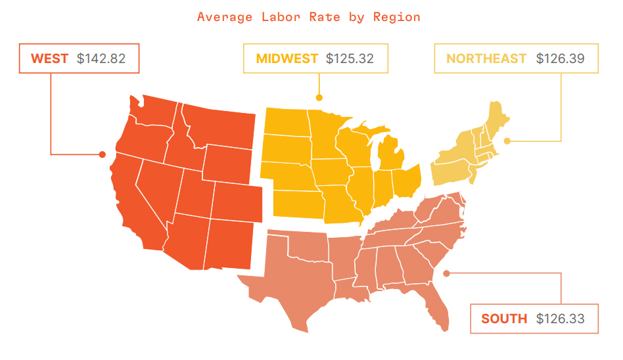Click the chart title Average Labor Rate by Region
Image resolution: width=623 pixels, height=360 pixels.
coord(308,17)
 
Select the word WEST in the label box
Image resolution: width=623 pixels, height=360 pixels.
coord(50,58)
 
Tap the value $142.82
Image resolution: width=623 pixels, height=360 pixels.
coord(101,58)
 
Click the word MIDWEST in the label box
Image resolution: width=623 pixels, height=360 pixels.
coord(287,58)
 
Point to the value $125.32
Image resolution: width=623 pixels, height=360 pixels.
coord(350,58)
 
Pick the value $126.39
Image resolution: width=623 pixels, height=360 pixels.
coord(560,58)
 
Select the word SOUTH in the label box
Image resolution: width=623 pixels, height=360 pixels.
coord(504,319)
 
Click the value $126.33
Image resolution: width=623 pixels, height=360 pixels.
coord(560,319)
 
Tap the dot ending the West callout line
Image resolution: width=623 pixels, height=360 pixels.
coord(103,154)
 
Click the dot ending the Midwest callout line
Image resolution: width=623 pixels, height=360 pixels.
coord(319,97)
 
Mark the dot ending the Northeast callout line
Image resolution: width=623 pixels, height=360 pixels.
coord(507,141)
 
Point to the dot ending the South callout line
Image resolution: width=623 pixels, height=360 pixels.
coord(446,273)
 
